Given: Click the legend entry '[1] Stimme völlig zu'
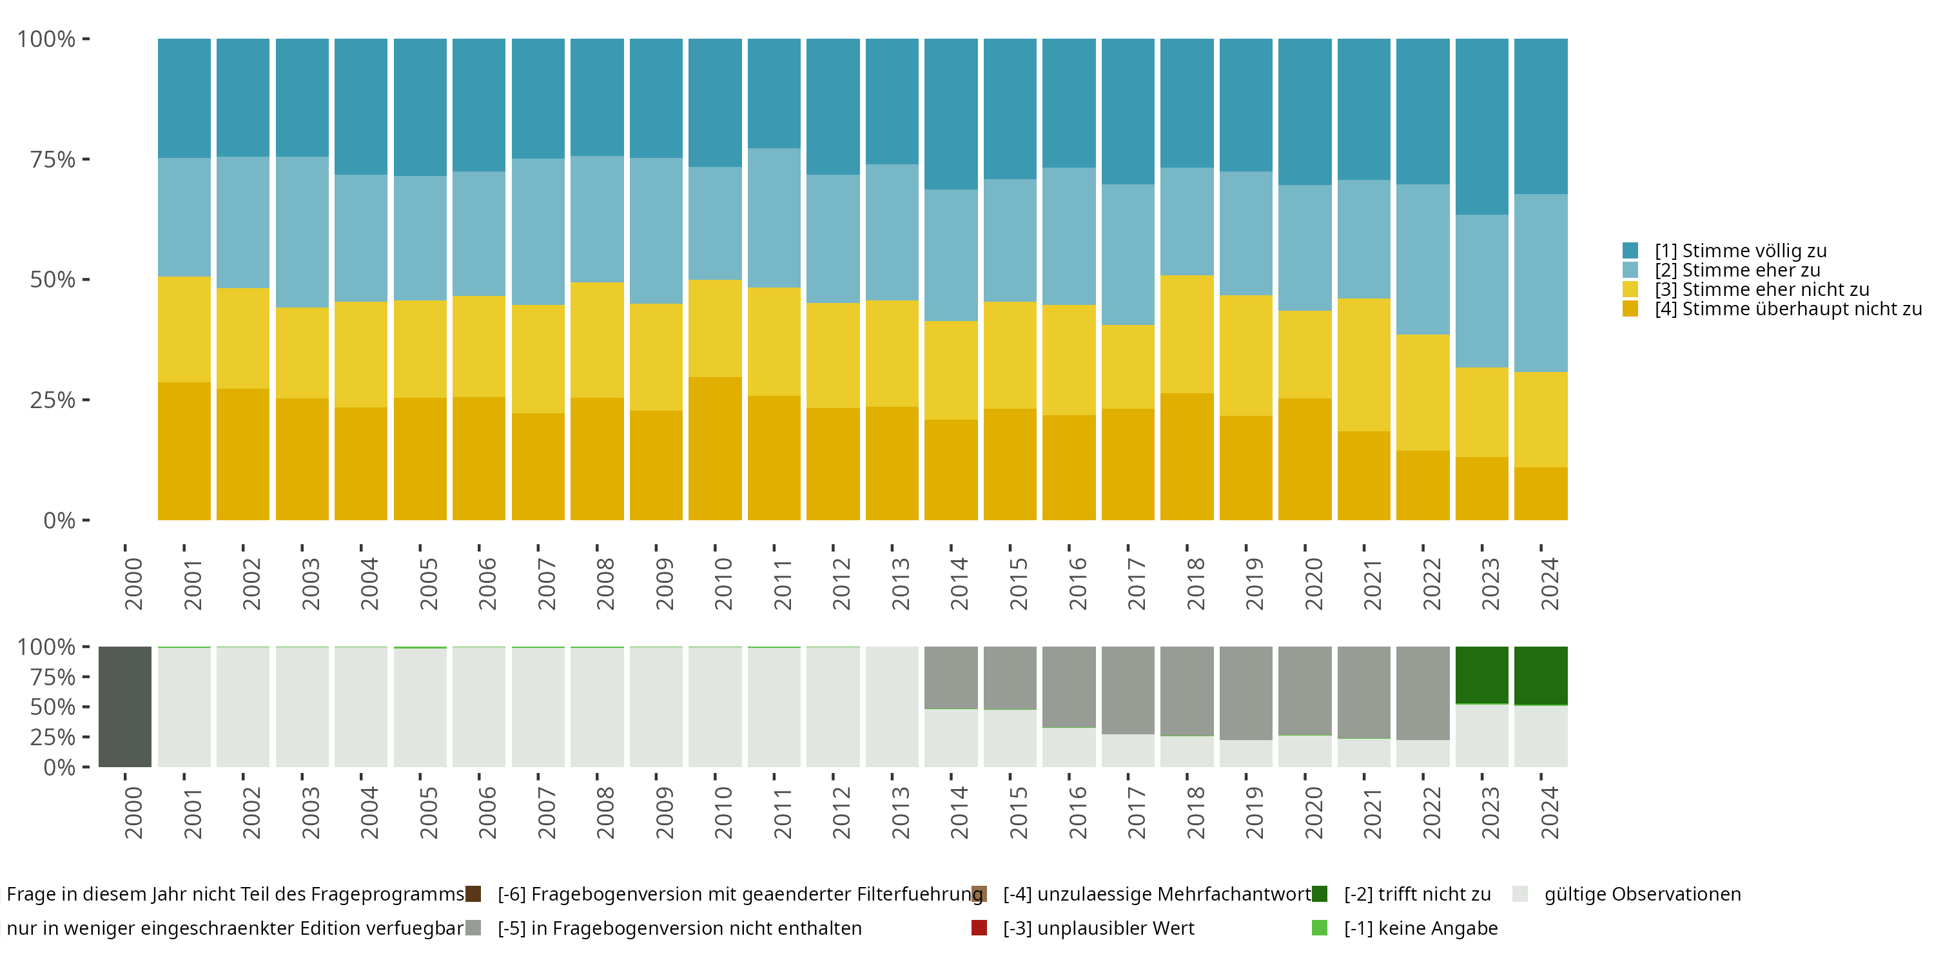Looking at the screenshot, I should [1741, 251].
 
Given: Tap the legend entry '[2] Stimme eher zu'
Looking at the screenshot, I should [1737, 270].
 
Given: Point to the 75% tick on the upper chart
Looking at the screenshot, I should [53, 159].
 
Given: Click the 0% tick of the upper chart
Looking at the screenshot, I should [59, 520].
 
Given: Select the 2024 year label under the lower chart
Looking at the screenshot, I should [1550, 812].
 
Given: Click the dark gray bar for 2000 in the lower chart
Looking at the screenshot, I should [124, 707].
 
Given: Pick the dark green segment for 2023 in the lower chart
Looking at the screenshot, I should [1481, 674].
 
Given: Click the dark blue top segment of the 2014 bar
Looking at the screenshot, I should [950, 113].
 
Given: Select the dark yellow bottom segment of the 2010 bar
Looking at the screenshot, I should [715, 448].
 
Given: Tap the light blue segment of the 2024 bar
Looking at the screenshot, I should [1541, 283].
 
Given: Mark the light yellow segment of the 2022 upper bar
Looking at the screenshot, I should [1423, 392].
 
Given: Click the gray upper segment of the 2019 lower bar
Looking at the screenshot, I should [1245, 692].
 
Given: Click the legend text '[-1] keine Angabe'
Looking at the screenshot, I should [1420, 928].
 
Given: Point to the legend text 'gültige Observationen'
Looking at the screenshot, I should [1642, 894].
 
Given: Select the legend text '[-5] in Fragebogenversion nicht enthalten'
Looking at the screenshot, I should [679, 928].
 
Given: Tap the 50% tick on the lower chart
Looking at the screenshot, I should [53, 707].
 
